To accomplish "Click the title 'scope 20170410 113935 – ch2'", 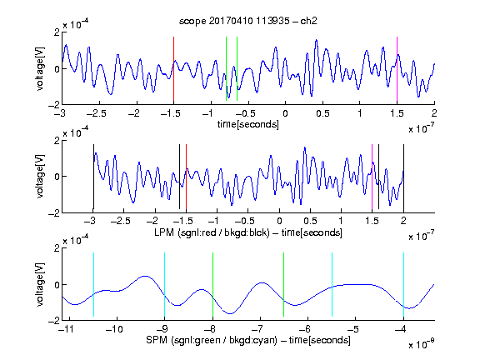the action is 248,21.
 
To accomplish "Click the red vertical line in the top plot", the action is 173,69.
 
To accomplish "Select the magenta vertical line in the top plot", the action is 397,69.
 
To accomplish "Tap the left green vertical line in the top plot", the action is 226,68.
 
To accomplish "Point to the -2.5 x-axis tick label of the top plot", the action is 97,113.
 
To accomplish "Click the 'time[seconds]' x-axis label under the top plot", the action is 248,124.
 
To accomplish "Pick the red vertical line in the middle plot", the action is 186,177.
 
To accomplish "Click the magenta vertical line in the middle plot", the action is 372,177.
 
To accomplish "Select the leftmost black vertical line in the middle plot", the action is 93,177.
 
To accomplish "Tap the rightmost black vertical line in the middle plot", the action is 403,177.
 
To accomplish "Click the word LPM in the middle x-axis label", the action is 164,232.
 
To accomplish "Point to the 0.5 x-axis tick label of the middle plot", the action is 310,221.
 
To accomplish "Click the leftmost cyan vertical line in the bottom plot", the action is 93,284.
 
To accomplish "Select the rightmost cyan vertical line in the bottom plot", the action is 403,284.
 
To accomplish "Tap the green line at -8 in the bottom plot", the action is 212,284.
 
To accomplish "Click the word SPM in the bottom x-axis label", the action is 157,340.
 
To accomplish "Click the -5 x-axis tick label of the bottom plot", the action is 354,329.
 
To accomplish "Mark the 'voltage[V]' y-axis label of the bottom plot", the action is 40,284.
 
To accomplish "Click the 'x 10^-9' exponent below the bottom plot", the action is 422,343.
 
